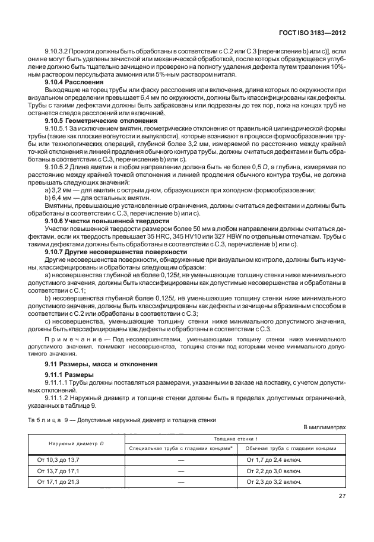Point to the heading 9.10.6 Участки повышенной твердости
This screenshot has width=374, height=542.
tap(99, 221)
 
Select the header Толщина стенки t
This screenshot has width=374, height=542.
tap(236, 438)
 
